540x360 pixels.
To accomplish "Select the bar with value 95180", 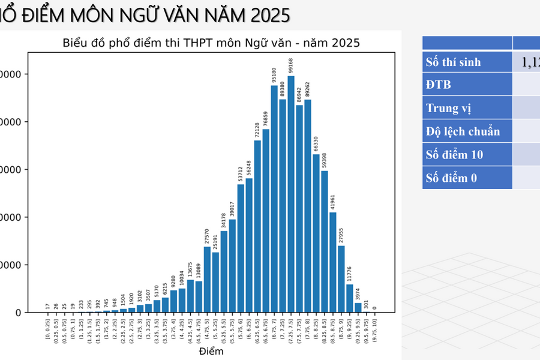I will pos(274,199).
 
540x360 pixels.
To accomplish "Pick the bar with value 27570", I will pos(207,280).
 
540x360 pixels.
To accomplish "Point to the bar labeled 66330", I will pos(316,233).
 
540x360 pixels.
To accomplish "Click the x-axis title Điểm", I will pos(211,351).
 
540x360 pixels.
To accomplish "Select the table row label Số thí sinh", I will pos(453,62).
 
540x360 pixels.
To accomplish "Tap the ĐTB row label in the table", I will pos(439,85).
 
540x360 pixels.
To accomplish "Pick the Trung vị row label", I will pos(448,108).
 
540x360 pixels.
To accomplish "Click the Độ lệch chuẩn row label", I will pos(463,131).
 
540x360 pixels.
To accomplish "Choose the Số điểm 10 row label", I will pos(454,155).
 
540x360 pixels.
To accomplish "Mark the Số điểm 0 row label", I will pos(451,178).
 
